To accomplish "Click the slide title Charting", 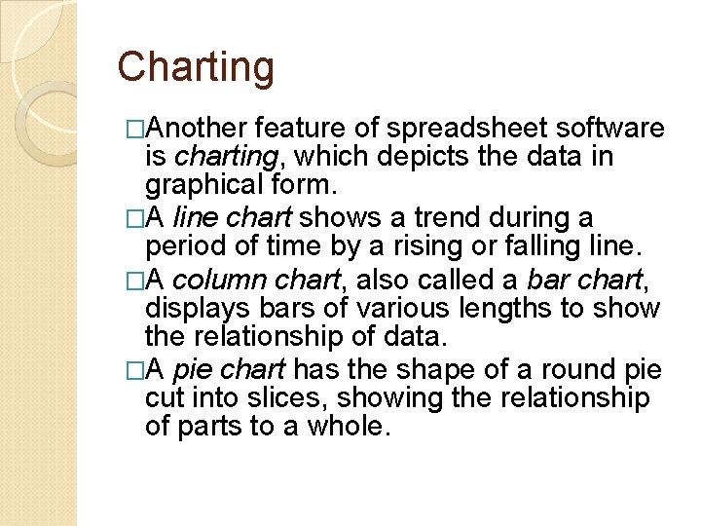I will pos(196,68).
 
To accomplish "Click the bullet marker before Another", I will pos(136,130).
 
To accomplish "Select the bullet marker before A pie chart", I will pos(136,370).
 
